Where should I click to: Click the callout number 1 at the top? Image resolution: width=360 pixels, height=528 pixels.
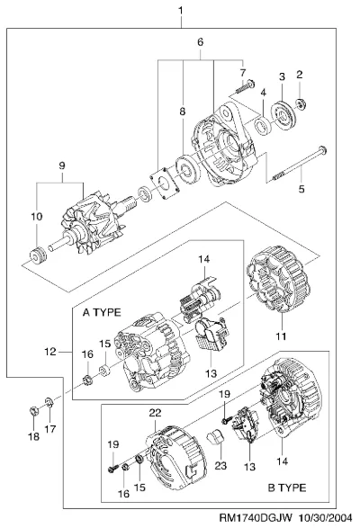[181, 11]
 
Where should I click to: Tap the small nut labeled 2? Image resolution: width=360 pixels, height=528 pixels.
[301, 103]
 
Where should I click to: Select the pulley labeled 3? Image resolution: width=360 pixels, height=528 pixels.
[283, 114]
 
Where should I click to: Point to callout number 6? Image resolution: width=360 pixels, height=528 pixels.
[200, 42]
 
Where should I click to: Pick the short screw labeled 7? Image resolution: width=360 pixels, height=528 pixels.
[245, 85]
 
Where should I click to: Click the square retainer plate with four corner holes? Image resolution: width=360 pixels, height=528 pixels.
[164, 183]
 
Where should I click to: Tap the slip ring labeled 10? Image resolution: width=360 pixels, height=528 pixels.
[38, 255]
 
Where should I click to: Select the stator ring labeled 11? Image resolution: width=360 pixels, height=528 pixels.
[278, 279]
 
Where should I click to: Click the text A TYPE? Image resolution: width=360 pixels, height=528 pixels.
[102, 312]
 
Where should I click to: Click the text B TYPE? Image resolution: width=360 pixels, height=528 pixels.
[287, 488]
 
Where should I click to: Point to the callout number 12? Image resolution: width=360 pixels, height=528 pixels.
[50, 352]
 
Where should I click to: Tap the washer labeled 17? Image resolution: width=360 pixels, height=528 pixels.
[49, 402]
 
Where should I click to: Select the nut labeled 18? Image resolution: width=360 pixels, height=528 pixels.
[33, 411]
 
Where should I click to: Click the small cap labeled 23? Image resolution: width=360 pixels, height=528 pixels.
[215, 437]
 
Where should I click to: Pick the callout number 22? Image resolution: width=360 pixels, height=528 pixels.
[155, 413]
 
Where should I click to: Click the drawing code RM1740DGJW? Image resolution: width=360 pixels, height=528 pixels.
[256, 517]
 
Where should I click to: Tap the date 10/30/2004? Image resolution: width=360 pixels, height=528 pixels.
[326, 517]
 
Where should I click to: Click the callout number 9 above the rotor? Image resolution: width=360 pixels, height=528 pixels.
[62, 166]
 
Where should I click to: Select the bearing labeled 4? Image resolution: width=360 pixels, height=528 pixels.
[262, 126]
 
